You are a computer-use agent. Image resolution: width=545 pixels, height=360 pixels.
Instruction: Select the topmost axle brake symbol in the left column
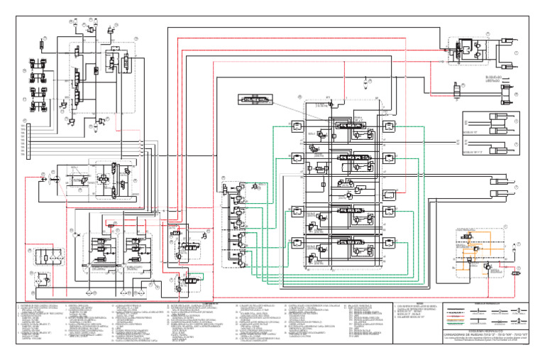click(x=34, y=62)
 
